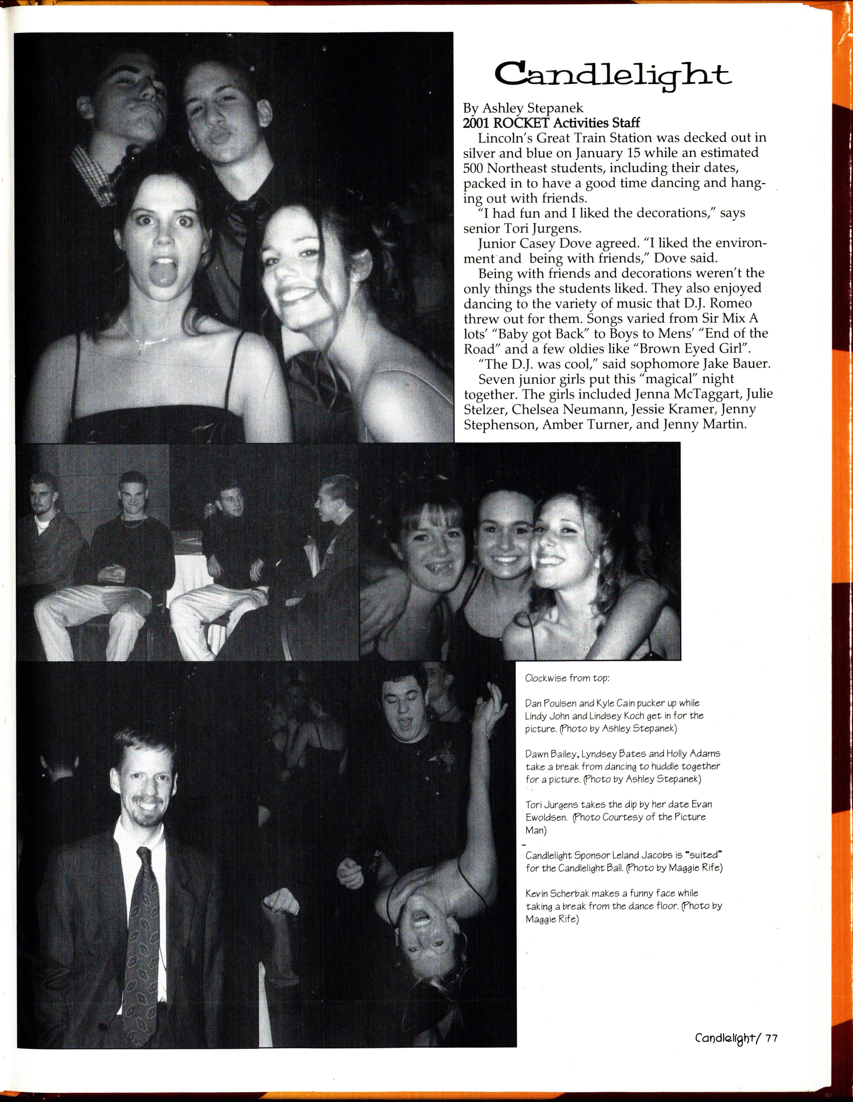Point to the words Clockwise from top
tap(567, 678)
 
